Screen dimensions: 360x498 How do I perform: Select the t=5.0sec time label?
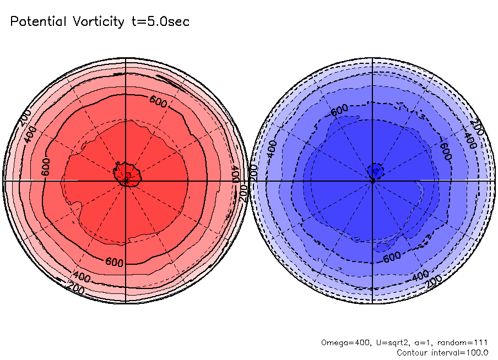coord(159,21)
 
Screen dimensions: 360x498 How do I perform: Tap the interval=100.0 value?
coord(462,352)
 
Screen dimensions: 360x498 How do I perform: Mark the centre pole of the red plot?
coord(126,180)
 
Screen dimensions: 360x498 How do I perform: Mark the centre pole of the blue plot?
coord(373,180)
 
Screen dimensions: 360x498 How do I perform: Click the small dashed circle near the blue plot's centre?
coord(376,169)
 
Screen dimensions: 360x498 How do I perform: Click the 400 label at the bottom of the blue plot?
coord(420,274)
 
